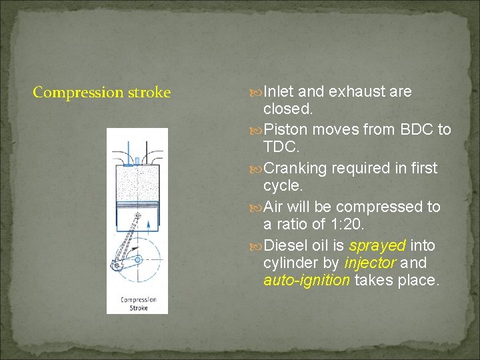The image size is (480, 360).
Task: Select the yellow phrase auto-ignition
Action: click(x=307, y=280)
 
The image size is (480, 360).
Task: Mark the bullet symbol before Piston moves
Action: click(x=257, y=130)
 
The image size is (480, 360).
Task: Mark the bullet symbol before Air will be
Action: click(x=257, y=207)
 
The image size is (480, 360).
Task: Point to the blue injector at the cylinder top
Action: click(x=137, y=160)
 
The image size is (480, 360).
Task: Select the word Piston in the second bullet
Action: click(x=285, y=130)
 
